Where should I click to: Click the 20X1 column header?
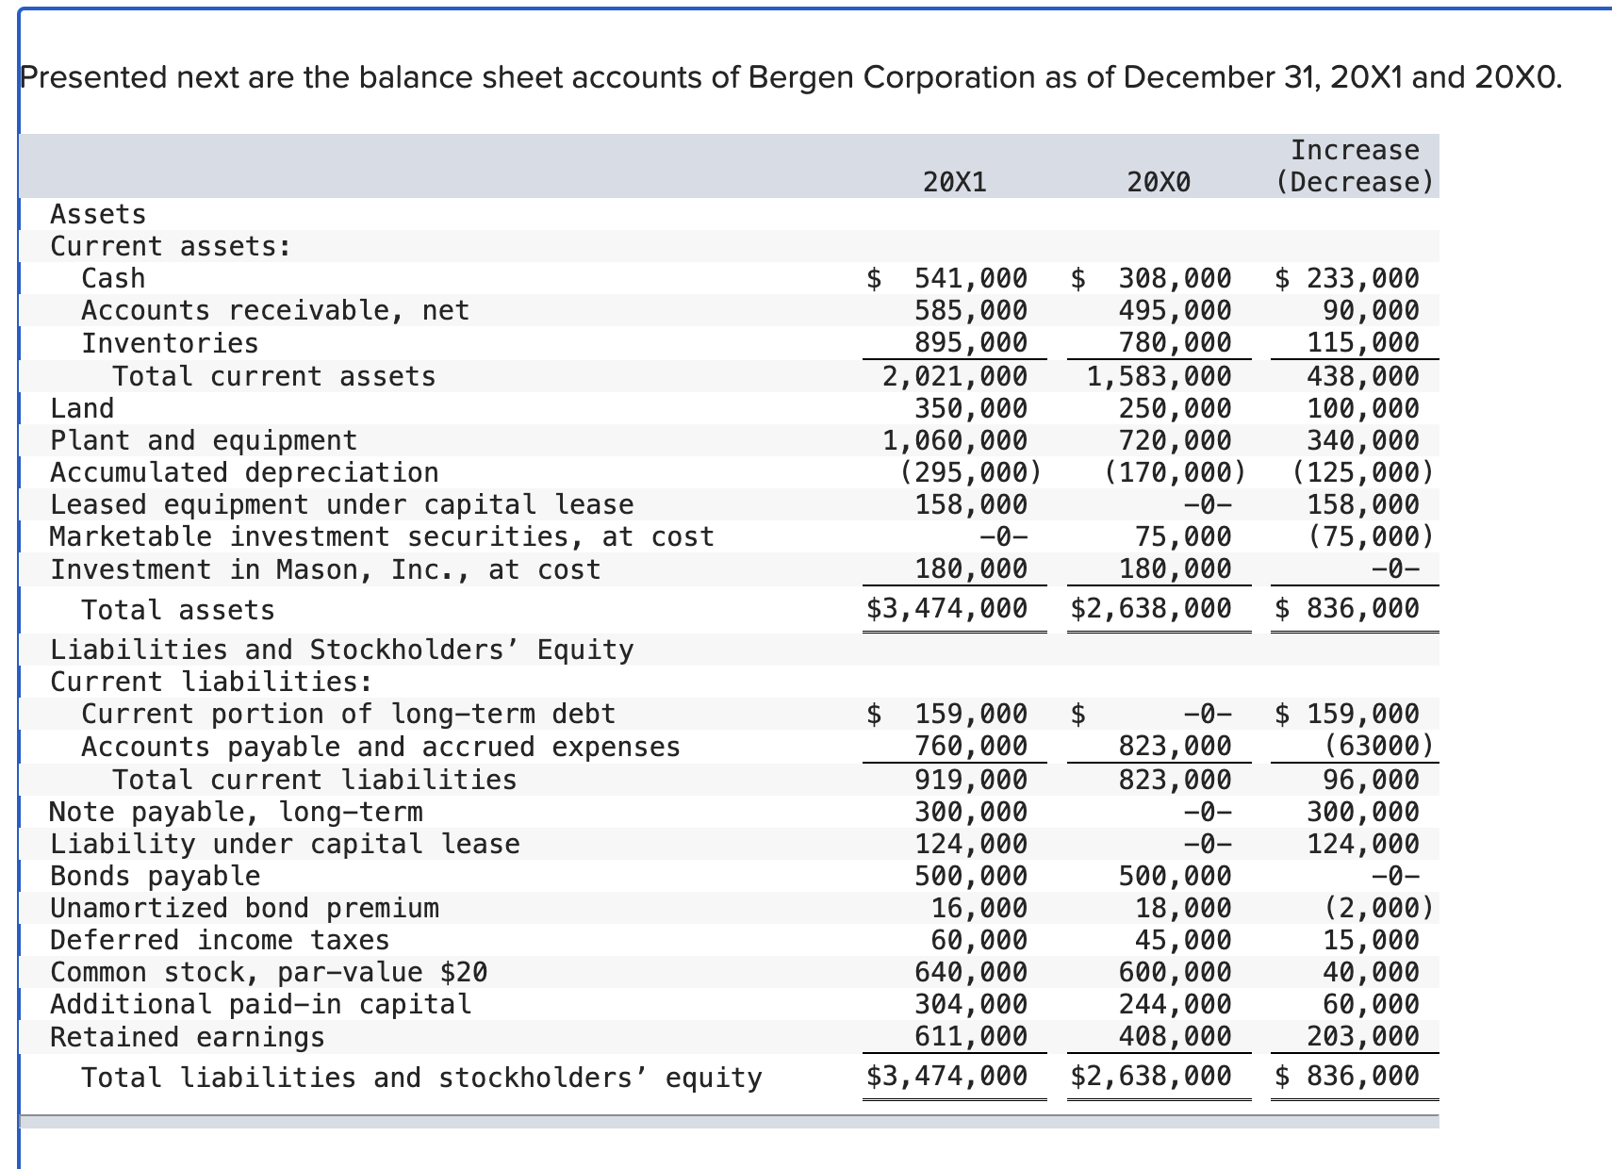[955, 181]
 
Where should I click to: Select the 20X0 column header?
[1159, 181]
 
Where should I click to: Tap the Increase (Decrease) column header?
[1354, 166]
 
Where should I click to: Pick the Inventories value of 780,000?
[1175, 342]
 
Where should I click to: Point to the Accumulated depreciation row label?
[244, 471]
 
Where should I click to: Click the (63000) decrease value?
[1378, 746]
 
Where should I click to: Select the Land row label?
[82, 408]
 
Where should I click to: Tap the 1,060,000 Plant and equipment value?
[955, 440]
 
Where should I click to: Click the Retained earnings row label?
[187, 1037]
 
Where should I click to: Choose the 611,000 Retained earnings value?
[970, 1037]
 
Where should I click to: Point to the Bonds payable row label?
[155, 876]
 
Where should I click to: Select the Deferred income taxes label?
[220, 940]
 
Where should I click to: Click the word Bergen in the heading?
[800, 77]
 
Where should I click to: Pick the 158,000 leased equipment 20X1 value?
[970, 504]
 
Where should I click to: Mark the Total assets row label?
[178, 610]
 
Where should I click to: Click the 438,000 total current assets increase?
[1362, 376]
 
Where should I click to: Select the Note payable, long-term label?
[236, 812]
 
